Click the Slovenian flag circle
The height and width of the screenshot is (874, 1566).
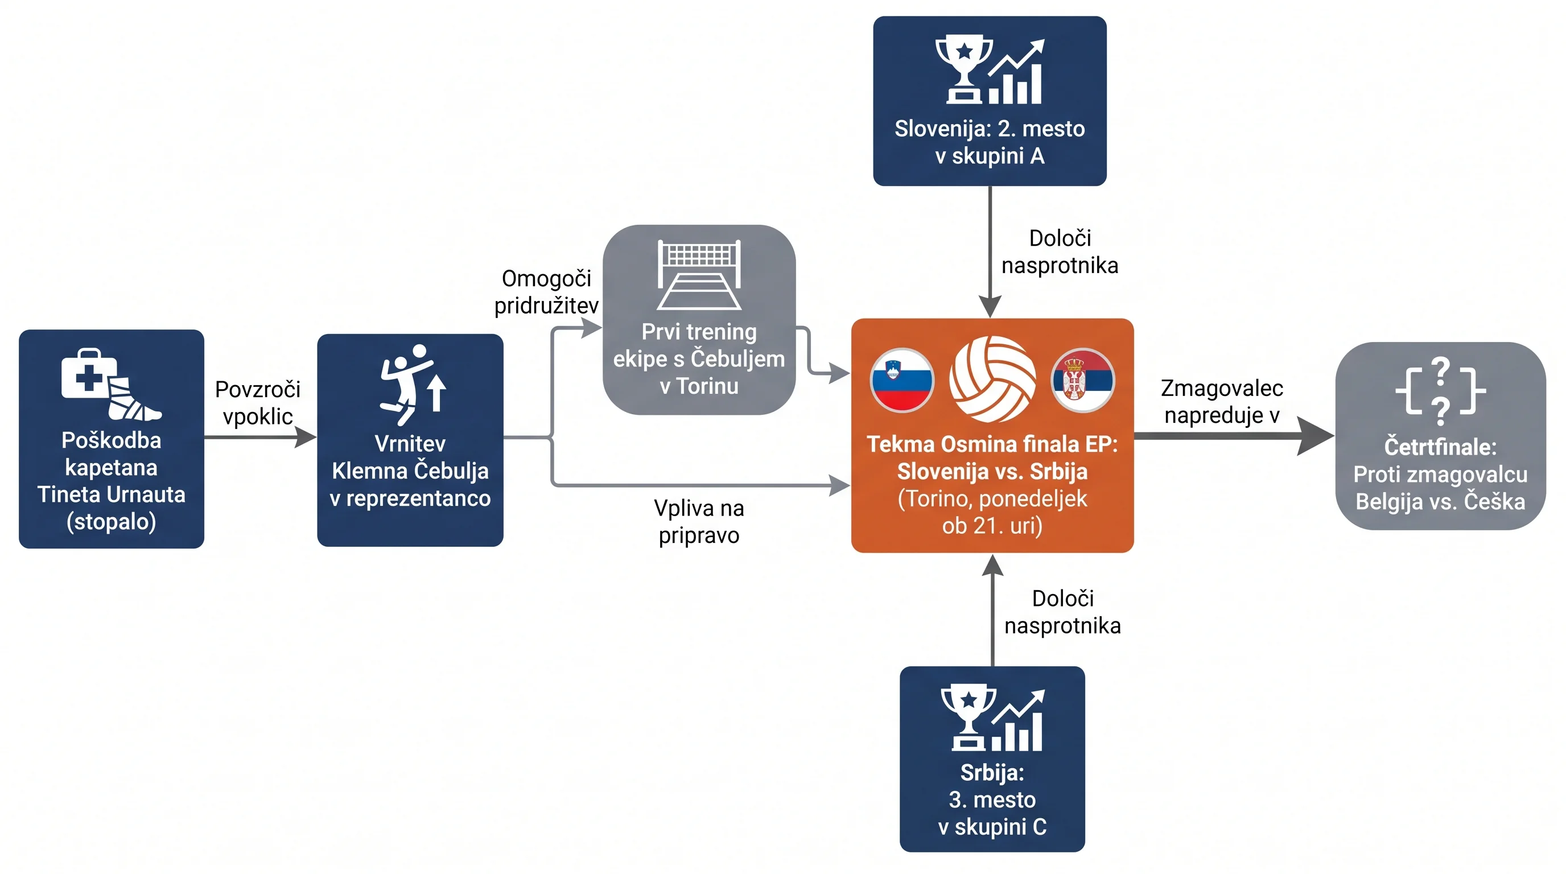click(x=902, y=381)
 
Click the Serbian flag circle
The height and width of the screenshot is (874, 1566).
click(x=1083, y=381)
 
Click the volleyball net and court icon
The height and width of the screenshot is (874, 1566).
click(x=699, y=275)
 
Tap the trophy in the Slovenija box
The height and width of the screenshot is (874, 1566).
click(x=964, y=69)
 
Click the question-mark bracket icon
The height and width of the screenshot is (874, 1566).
click(x=1441, y=391)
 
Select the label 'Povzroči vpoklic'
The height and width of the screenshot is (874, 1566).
click(x=258, y=402)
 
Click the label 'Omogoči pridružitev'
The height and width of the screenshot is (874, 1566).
click(x=546, y=292)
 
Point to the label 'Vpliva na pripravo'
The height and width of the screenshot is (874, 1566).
click(x=699, y=521)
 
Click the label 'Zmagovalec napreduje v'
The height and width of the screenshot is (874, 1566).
click(x=1222, y=401)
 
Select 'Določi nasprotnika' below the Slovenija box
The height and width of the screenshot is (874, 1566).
click(x=1060, y=252)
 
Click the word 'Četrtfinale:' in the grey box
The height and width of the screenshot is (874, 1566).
click(x=1441, y=447)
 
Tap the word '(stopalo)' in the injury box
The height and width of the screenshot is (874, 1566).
click(x=112, y=521)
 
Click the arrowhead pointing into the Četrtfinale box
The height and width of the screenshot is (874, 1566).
click(x=1316, y=436)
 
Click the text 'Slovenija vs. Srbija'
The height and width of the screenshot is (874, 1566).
click(x=992, y=471)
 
